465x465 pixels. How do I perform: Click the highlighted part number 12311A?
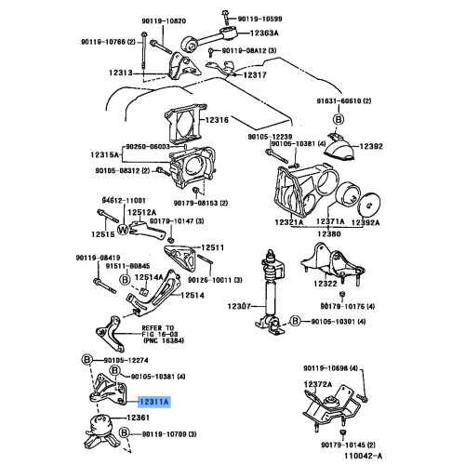(154, 403)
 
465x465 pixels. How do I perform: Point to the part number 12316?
(218, 120)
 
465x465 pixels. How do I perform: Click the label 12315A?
(107, 154)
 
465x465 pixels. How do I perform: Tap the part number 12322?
(325, 283)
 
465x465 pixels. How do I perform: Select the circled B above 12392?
(339, 121)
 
